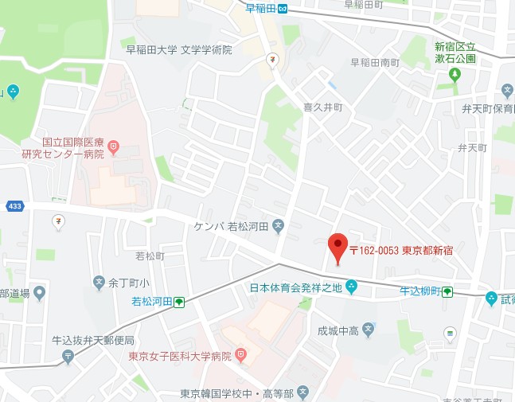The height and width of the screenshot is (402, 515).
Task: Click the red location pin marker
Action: click(x=338, y=246)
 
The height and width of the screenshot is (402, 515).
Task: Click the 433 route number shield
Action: click(x=14, y=206)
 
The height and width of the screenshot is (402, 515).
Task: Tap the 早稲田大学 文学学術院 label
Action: click(x=179, y=49)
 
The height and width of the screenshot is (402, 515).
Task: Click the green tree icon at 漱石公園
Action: click(x=455, y=75)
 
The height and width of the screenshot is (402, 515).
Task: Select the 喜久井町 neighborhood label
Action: click(x=322, y=105)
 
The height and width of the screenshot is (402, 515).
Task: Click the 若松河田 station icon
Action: click(x=180, y=302)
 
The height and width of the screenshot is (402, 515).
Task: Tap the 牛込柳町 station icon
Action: click(x=448, y=291)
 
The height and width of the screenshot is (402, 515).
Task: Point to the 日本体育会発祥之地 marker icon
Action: click(x=351, y=287)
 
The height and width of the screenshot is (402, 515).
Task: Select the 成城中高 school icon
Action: click(x=369, y=328)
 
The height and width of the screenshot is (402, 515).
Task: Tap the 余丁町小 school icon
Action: click(x=99, y=282)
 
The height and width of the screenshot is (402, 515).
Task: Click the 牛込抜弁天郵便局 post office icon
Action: click(x=68, y=357)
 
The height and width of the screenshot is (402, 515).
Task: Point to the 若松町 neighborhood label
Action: click(x=150, y=256)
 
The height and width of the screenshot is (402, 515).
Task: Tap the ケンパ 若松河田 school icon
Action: click(x=278, y=226)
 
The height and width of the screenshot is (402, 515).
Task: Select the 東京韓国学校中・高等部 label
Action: click(x=236, y=393)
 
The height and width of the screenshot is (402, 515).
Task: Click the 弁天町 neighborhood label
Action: click(x=472, y=148)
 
